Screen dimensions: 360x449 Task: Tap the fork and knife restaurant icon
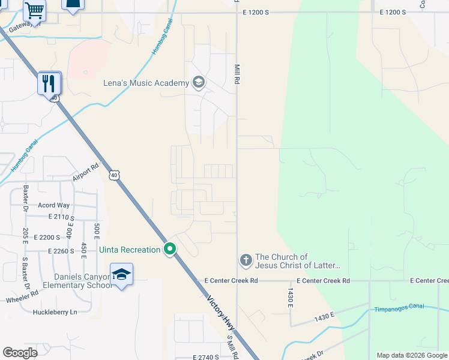49,83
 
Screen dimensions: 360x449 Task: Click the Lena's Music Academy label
146,83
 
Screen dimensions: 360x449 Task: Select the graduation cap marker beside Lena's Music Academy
198,83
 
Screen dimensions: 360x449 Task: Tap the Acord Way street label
54,205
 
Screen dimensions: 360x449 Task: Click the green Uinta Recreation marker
170,249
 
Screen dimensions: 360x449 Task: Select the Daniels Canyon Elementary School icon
122,275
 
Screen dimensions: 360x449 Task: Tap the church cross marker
246,260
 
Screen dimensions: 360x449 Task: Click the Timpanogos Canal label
399,307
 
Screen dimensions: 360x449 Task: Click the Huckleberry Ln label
56,312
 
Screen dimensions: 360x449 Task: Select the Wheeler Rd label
23,296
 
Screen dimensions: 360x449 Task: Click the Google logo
20,353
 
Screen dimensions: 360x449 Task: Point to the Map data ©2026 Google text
411,355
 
